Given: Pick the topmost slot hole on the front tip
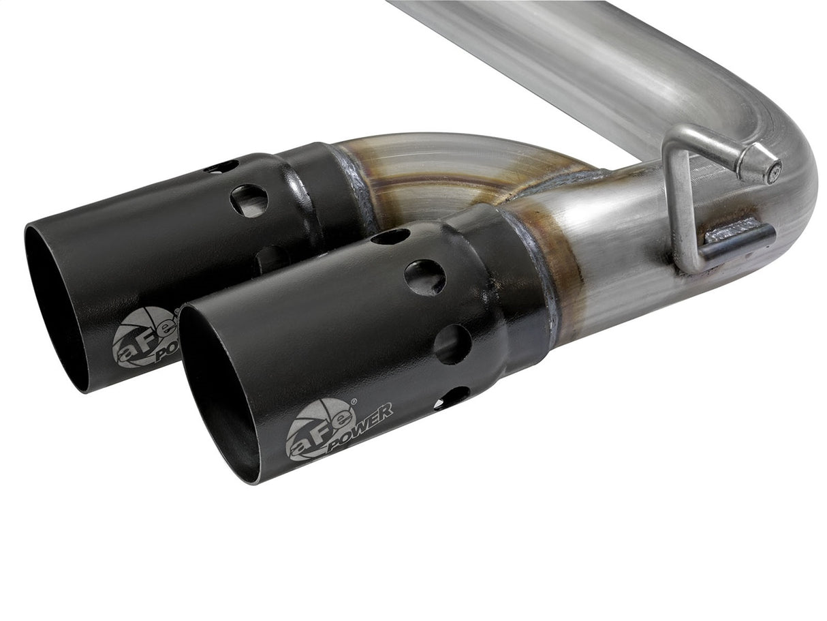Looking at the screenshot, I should pos(390,237).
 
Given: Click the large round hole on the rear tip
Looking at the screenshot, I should pos(249,200).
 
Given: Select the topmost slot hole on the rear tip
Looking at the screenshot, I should pos(222,166).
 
